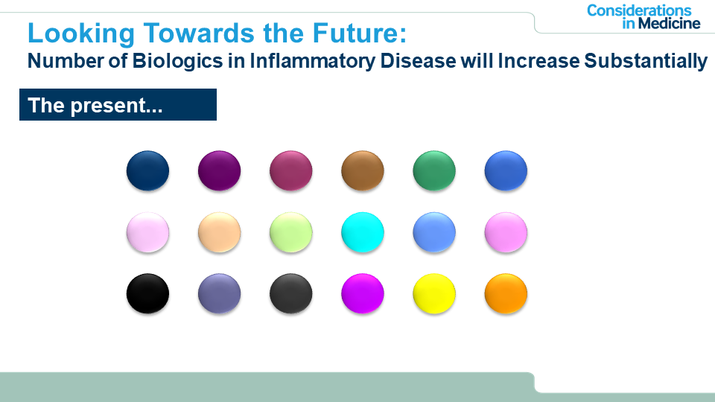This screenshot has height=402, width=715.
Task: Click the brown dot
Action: tap(363, 170)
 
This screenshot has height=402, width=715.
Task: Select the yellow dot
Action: tap(434, 293)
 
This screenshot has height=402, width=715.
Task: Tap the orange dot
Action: tap(506, 293)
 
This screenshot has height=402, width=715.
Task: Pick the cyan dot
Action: tap(363, 232)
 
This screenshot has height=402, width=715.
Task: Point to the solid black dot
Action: tap(147, 293)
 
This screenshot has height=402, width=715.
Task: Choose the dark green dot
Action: tap(434, 170)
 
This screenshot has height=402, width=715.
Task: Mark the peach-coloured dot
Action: tap(219, 232)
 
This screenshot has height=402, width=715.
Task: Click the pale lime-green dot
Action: tap(291, 232)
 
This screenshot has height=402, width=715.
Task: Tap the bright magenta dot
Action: tap(363, 293)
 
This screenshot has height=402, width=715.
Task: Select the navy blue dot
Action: tap(147, 170)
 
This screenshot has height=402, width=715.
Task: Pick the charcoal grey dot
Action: tap(291, 293)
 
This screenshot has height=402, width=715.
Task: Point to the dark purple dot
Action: tap(219, 170)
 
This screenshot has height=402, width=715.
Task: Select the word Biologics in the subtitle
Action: tap(177, 61)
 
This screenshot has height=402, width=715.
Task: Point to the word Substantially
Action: tap(646, 61)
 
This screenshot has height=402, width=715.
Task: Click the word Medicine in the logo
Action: tap(669, 23)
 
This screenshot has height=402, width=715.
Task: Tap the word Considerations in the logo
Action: tap(639, 10)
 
